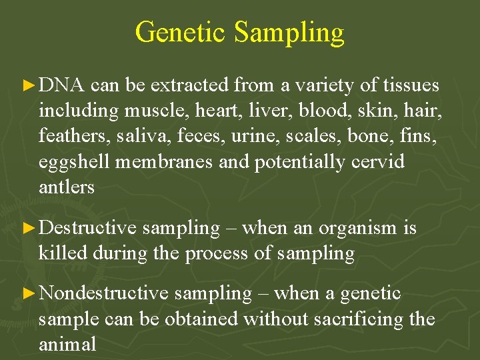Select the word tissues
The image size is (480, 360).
point(411,85)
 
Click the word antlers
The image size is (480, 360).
point(67,187)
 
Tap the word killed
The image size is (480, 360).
point(63,253)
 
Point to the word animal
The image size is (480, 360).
point(67,344)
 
